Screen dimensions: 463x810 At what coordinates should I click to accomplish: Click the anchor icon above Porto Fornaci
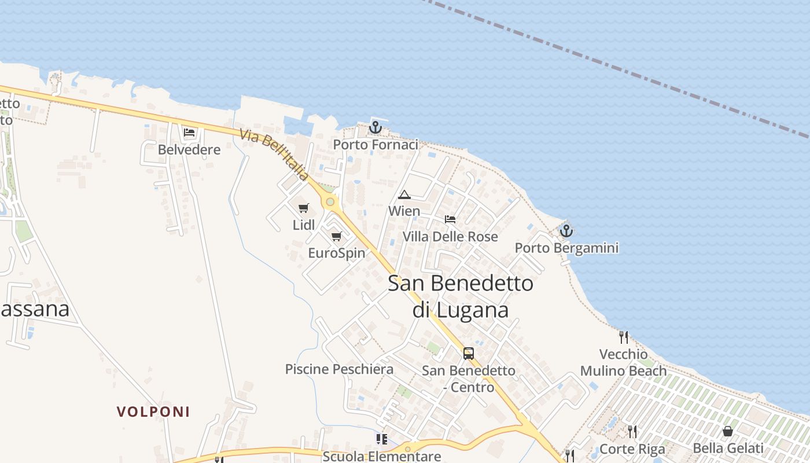coord(375,127)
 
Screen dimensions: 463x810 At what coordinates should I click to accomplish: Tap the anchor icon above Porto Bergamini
coord(566,230)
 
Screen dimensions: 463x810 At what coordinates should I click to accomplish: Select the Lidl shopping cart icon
coord(304,208)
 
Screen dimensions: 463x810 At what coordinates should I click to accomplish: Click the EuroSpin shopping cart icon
coord(337,236)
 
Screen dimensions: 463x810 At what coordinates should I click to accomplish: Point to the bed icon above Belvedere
coord(189,132)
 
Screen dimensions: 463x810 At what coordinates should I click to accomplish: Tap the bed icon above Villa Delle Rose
coord(450,219)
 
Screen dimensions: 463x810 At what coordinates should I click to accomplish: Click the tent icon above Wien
coord(404,194)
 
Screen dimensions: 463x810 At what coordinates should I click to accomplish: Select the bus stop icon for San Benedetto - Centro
coord(469,353)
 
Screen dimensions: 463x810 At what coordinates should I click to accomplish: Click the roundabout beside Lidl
coord(330,202)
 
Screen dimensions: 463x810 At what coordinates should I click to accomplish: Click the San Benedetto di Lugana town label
coord(461,296)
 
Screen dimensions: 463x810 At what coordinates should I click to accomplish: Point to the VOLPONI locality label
coord(153,412)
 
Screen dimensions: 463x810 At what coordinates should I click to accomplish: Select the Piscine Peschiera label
coord(339,369)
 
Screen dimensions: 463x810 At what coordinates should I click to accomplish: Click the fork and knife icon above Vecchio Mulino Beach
coord(623,337)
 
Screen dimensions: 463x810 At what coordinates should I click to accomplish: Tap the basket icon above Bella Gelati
coord(728,431)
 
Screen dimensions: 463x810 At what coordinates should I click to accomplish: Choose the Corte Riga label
coord(632,449)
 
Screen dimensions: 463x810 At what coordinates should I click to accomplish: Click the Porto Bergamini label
coord(566,248)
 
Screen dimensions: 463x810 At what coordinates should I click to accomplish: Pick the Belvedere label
coord(189,150)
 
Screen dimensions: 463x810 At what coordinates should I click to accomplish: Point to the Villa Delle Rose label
coord(450,237)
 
